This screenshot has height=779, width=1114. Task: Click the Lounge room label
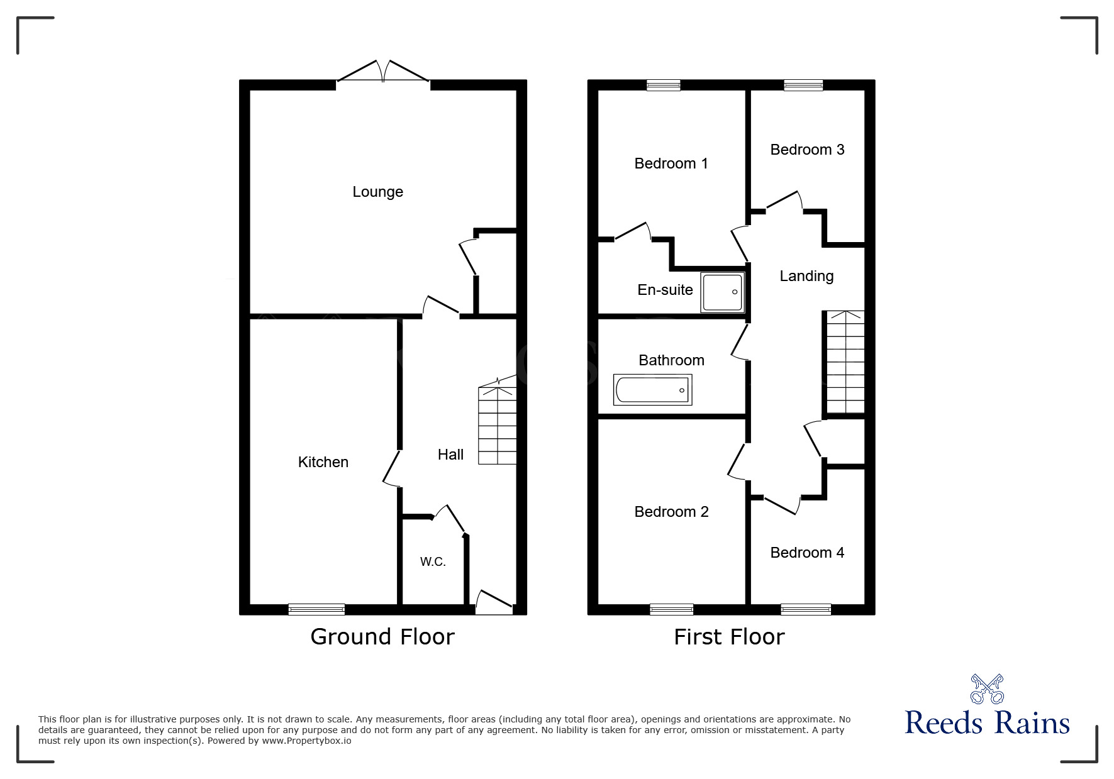pyautogui.click(x=377, y=192)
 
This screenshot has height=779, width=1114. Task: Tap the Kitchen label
pyautogui.click(x=323, y=462)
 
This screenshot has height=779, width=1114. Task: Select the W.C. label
pyautogui.click(x=433, y=562)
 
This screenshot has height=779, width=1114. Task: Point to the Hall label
pyautogui.click(x=450, y=455)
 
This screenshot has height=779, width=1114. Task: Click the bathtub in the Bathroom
pyautogui.click(x=653, y=390)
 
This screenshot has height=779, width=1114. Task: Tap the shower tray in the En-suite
pyautogui.click(x=723, y=292)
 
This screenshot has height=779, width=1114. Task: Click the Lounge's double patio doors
pyautogui.click(x=384, y=72)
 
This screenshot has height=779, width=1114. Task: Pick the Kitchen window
pyautogui.click(x=316, y=609)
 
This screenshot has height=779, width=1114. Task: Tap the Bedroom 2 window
pyautogui.click(x=671, y=609)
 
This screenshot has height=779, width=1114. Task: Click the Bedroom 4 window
pyautogui.click(x=806, y=609)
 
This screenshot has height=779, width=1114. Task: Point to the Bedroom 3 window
pyautogui.click(x=803, y=86)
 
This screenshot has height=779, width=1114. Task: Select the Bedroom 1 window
pyautogui.click(x=664, y=86)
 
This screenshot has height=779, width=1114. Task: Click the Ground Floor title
pyautogui.click(x=382, y=637)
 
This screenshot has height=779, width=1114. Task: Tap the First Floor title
pyautogui.click(x=729, y=637)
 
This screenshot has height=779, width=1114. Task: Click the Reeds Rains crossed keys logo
pyautogui.click(x=987, y=689)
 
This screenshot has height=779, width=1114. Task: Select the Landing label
pyautogui.click(x=806, y=276)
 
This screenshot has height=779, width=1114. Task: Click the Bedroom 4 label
pyautogui.click(x=807, y=553)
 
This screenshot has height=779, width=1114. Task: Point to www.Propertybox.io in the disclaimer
pyautogui.click(x=306, y=741)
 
